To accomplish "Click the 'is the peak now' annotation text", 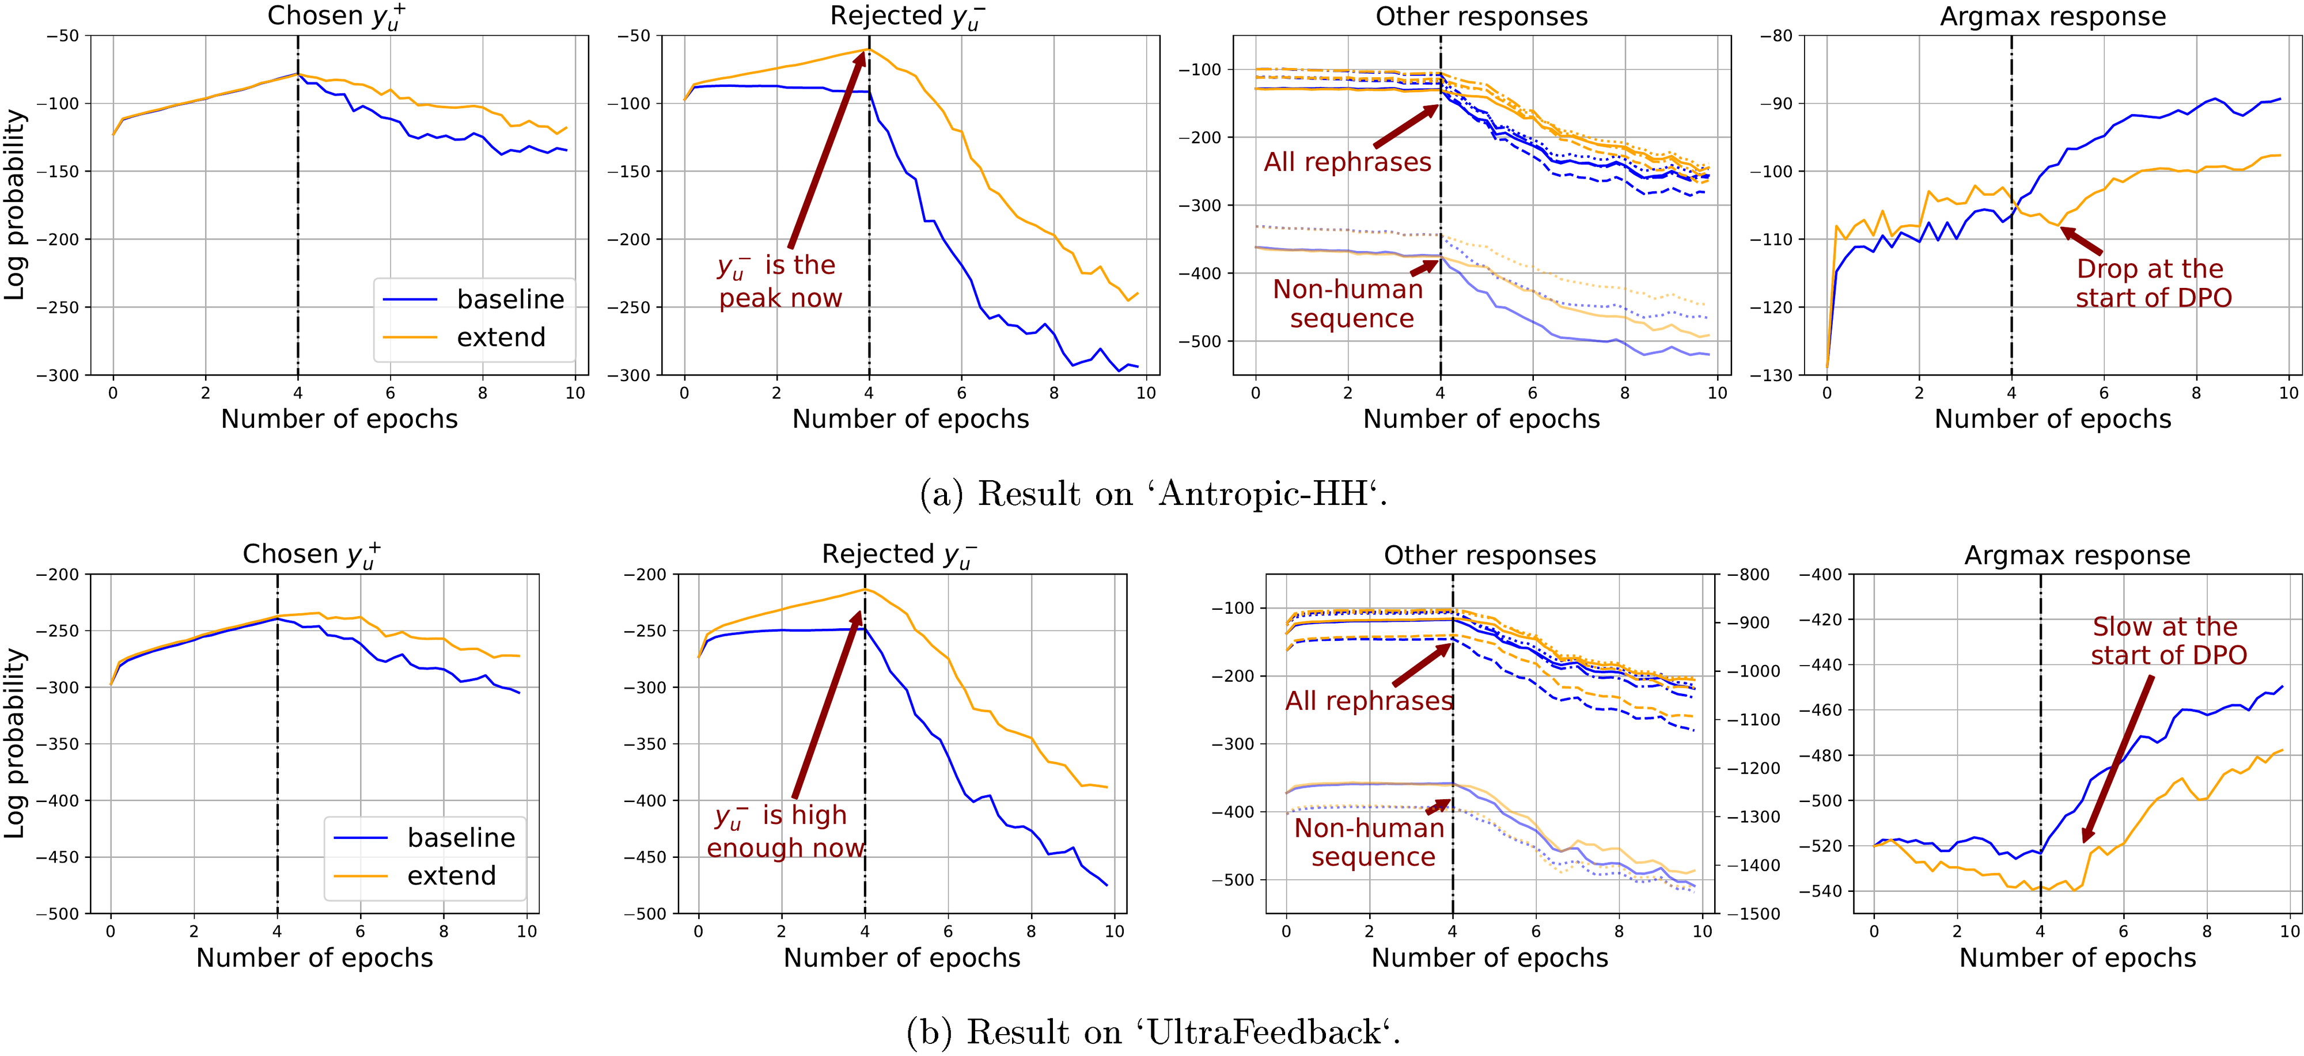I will (780, 282).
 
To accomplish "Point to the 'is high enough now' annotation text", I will (785, 831).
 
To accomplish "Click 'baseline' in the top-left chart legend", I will (510, 299).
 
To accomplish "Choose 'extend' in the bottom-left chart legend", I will (451, 875).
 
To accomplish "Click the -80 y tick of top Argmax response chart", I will (1777, 36).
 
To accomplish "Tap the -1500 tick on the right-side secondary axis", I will (1753, 914).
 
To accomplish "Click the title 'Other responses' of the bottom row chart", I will (1489, 555).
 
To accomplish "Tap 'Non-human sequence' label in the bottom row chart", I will (1369, 842).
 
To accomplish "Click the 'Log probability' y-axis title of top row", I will (14, 205).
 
